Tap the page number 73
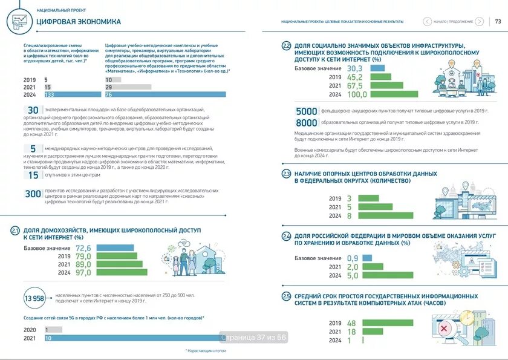tap(498, 21)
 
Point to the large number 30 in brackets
tap(33, 110)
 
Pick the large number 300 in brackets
tap(32, 194)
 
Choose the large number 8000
tap(307, 122)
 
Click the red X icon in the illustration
tap(444, 329)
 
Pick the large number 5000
tap(307, 111)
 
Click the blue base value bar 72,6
tap(115, 248)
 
